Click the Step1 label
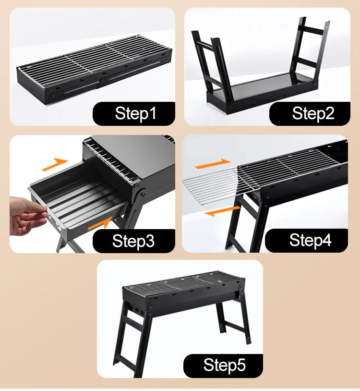click(135, 113)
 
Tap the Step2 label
click(313, 113)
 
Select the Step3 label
click(133, 241)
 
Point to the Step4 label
click(310, 240)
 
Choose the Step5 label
click(225, 365)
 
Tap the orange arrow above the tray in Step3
click(55, 164)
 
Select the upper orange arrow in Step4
click(213, 164)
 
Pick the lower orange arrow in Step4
click(222, 211)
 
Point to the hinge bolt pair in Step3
click(140, 191)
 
